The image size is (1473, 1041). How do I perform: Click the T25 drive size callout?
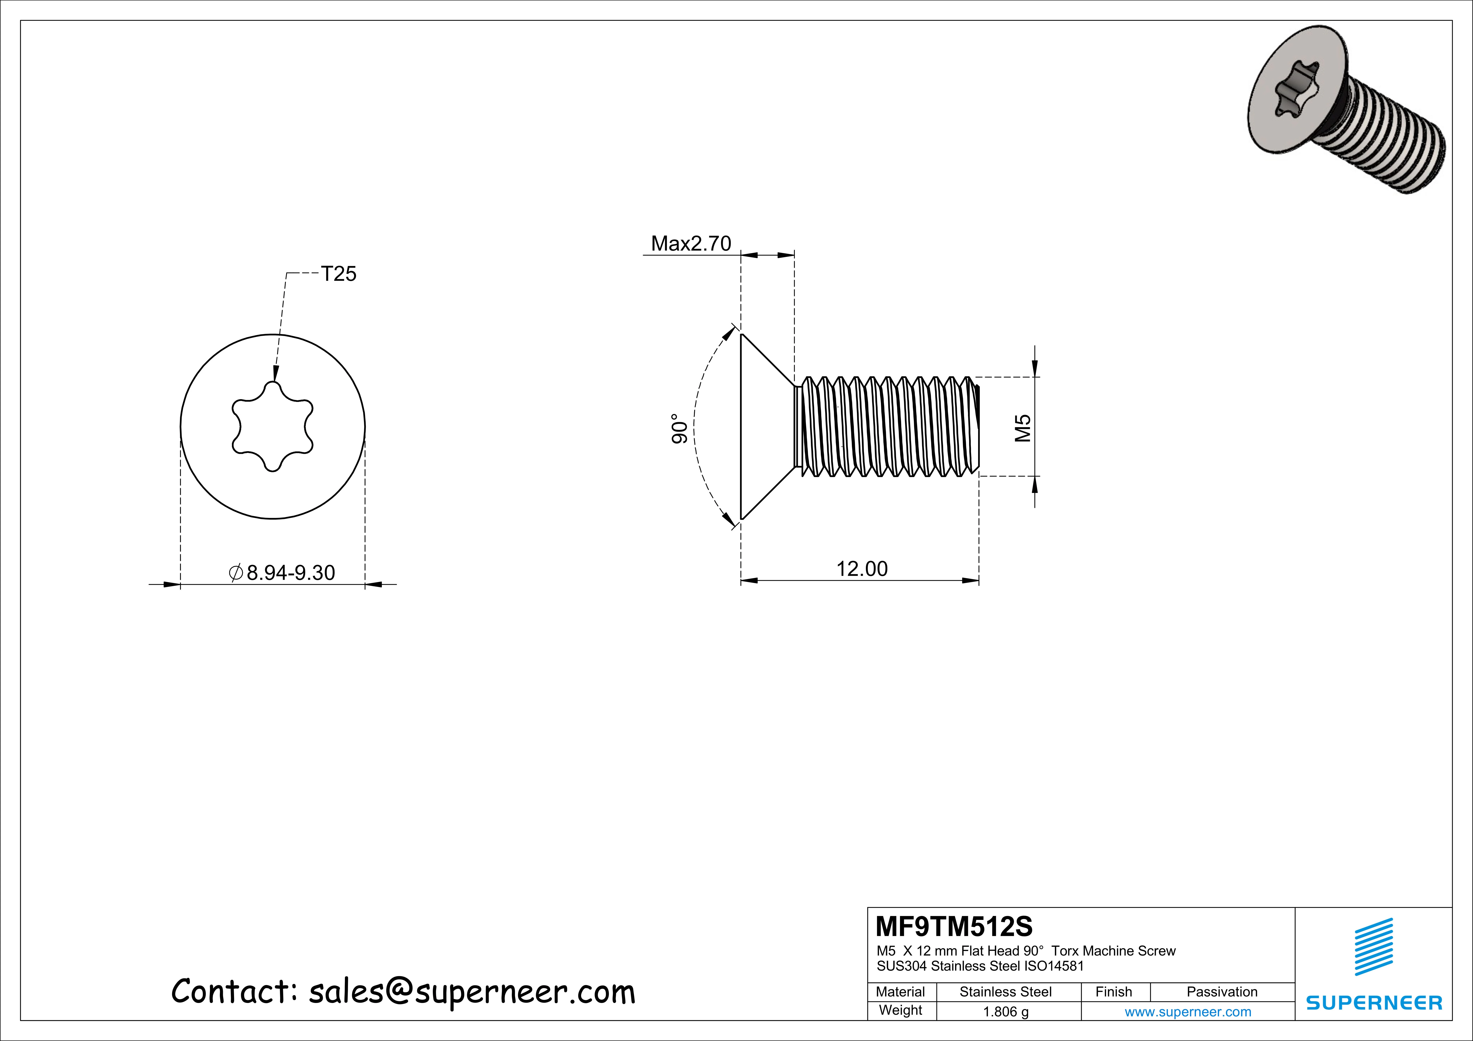click(x=338, y=275)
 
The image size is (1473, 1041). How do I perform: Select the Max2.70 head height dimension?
click(x=691, y=244)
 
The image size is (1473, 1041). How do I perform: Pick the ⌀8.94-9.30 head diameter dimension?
click(x=282, y=572)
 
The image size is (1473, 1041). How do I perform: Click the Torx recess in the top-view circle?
click(x=273, y=426)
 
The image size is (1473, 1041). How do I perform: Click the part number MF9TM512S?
click(x=954, y=926)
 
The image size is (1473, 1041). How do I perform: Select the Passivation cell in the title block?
click(x=1221, y=992)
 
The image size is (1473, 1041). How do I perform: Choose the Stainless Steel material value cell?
click(x=1005, y=992)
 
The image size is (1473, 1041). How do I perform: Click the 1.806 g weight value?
click(x=1005, y=1011)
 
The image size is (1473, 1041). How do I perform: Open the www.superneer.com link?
click(x=1188, y=1011)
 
